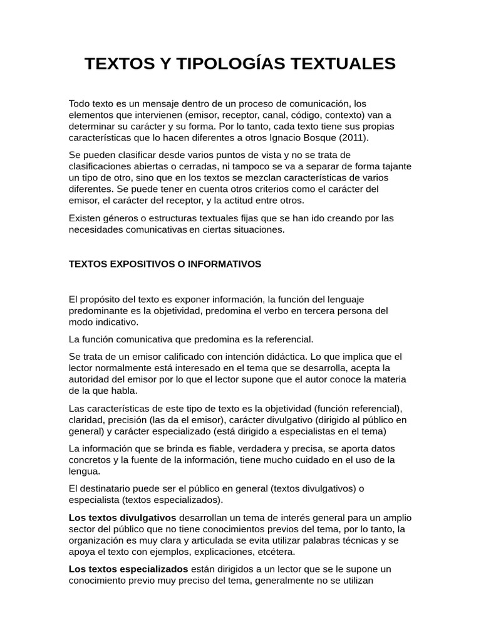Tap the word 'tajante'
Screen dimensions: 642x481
tap(396, 166)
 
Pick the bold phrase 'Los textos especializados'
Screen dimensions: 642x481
tap(128, 569)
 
